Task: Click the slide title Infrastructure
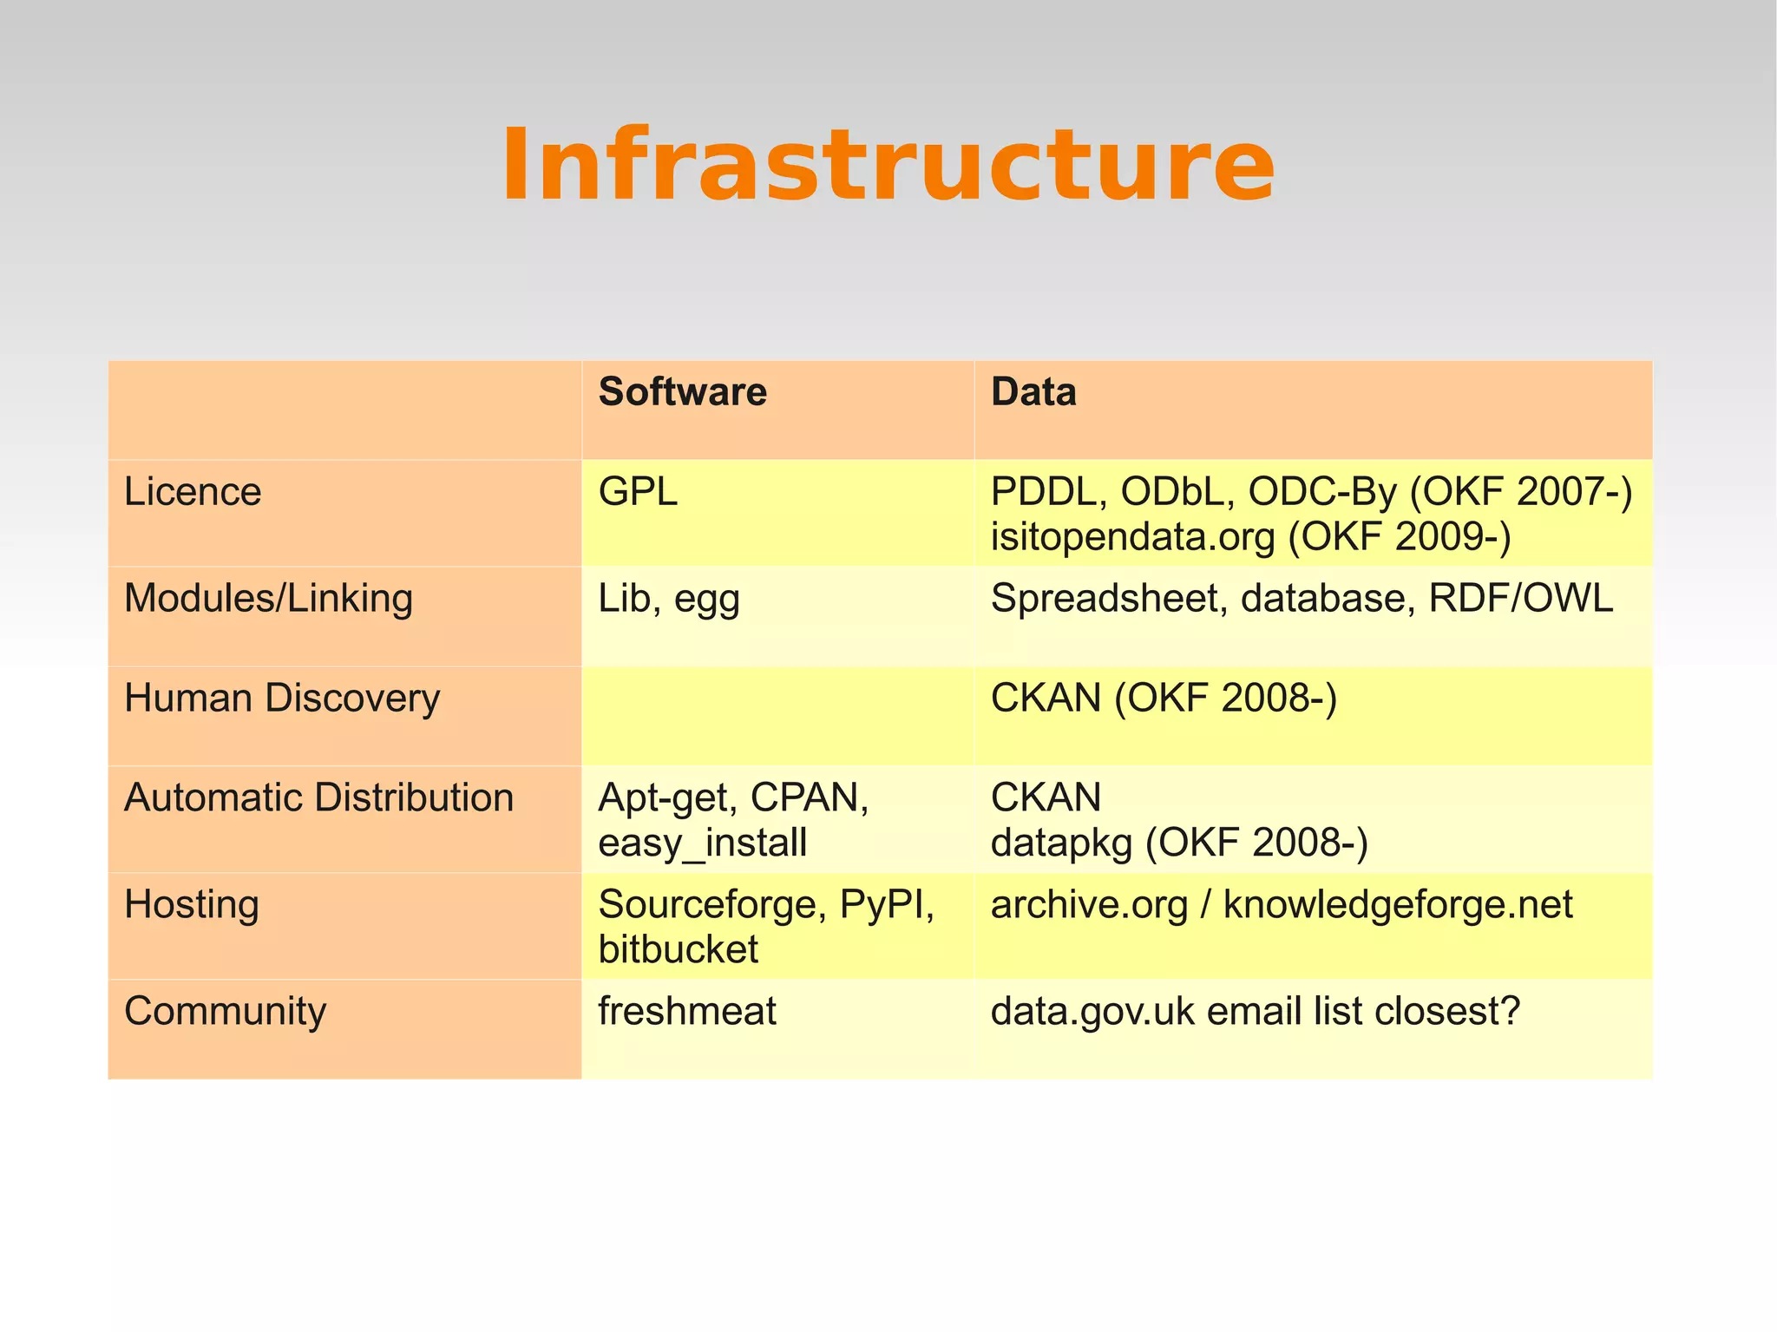pos(887,165)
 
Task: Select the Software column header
pos(682,392)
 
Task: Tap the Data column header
pos(1033,392)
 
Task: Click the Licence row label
pos(193,492)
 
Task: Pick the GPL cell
pos(638,492)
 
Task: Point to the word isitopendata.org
pos(1132,537)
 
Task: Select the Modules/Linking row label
pos(268,599)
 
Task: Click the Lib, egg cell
pos(668,599)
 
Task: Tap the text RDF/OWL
pos(1520,599)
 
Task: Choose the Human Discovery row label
pos(282,699)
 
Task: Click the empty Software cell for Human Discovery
pos(777,716)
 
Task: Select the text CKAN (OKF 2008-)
pos(1163,699)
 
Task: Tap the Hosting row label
pos(191,905)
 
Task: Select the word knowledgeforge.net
pos(1397,905)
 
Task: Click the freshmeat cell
pos(686,1012)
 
